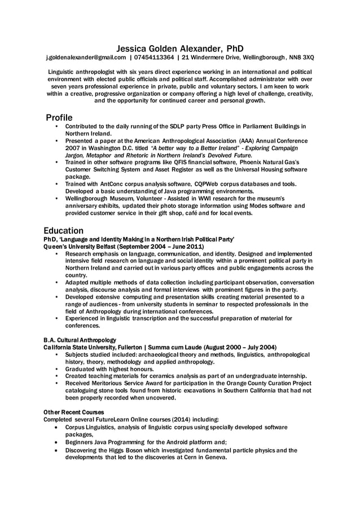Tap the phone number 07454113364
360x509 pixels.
click(x=154, y=58)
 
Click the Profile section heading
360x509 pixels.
click(x=59, y=117)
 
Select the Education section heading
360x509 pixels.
click(x=64, y=231)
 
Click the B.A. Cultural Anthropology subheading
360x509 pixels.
click(x=80, y=340)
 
